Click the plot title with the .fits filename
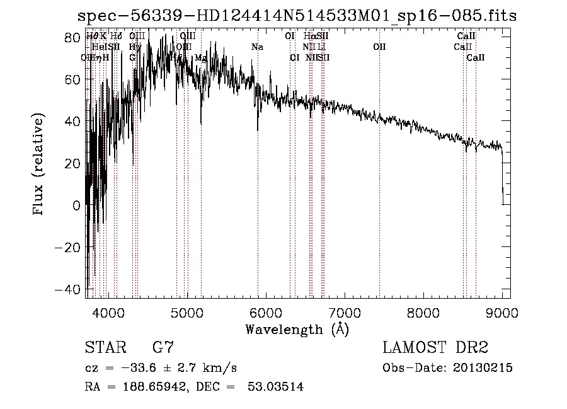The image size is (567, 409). (x=297, y=16)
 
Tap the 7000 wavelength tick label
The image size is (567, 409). (x=344, y=313)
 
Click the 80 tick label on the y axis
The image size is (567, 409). (x=73, y=38)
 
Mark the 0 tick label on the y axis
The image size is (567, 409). (x=76, y=205)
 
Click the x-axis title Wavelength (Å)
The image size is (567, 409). (x=297, y=329)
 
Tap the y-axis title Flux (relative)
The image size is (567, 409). (x=39, y=166)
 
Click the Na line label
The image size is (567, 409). (x=257, y=47)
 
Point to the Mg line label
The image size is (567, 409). (x=200, y=58)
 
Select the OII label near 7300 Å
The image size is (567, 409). (x=379, y=47)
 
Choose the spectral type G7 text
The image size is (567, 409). (x=163, y=348)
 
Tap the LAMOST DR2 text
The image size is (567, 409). (x=435, y=348)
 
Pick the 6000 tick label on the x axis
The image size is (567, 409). (x=265, y=313)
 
